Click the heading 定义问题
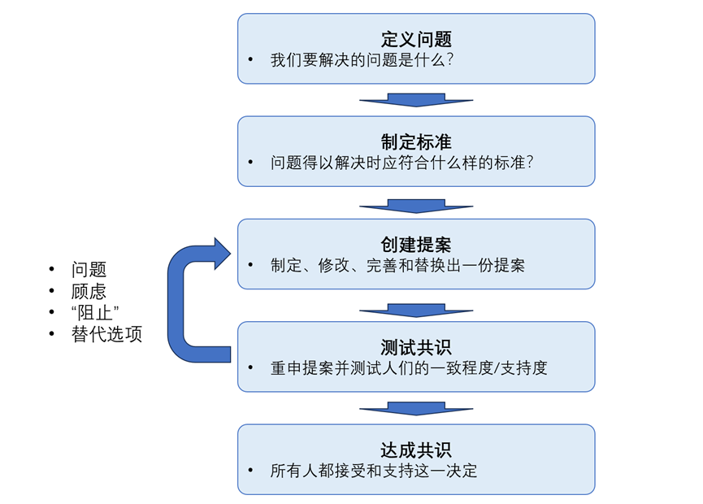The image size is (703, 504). click(x=416, y=39)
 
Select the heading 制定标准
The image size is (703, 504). click(x=416, y=141)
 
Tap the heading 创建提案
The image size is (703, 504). click(x=416, y=245)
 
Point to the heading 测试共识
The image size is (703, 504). click(x=416, y=347)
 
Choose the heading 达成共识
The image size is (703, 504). click(x=416, y=450)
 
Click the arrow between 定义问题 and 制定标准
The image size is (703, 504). click(x=416, y=100)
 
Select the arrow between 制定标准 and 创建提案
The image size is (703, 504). click(x=416, y=203)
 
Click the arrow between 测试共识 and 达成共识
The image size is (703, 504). click(x=416, y=409)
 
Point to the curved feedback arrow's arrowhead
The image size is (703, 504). click(x=221, y=254)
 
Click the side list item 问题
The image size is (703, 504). click(x=89, y=270)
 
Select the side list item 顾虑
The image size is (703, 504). click(x=89, y=291)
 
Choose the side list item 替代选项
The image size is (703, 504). click(x=106, y=334)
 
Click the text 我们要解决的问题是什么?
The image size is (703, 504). click(x=367, y=60)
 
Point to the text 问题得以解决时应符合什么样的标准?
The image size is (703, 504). click(x=401, y=163)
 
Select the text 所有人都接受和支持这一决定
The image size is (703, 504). click(x=374, y=471)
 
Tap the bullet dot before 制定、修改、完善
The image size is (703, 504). click(x=252, y=266)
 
